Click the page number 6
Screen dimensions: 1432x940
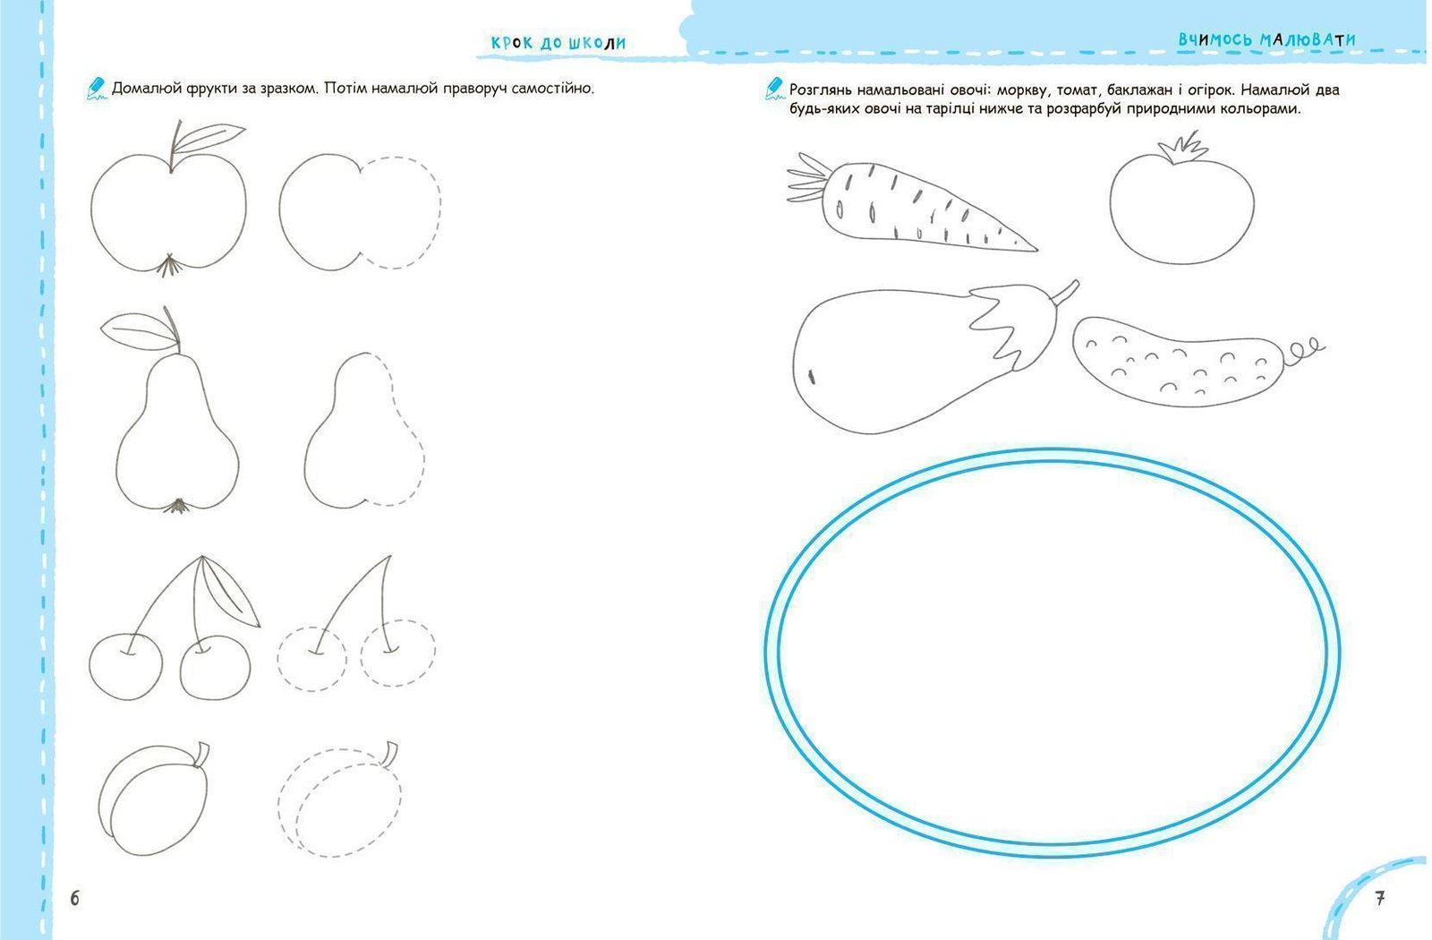pos(75,898)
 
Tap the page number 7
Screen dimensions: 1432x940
pos(1379,898)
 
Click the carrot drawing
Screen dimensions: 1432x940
pos(911,202)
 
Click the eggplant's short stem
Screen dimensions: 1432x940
pos(1064,294)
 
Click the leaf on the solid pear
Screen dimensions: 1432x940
pos(139,330)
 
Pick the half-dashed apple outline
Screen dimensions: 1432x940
pos(360,211)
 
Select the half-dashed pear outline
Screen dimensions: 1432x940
pos(364,431)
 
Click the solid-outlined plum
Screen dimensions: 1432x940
pos(153,799)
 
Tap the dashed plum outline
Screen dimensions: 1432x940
pos(339,799)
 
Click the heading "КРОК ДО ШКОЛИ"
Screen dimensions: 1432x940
pos(558,43)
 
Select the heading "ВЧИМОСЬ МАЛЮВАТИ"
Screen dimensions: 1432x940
pos(1267,39)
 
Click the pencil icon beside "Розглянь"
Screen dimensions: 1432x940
pos(775,89)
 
